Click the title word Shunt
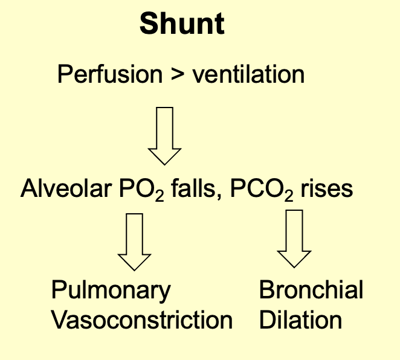pyautogui.click(x=182, y=24)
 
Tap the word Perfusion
pyautogui.click(x=109, y=75)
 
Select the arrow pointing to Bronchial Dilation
pyautogui.click(x=294, y=238)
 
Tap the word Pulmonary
pyautogui.click(x=111, y=291)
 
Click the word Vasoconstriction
pyautogui.click(x=141, y=320)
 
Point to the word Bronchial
pyautogui.click(x=311, y=290)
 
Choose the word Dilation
pyautogui.click(x=300, y=320)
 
